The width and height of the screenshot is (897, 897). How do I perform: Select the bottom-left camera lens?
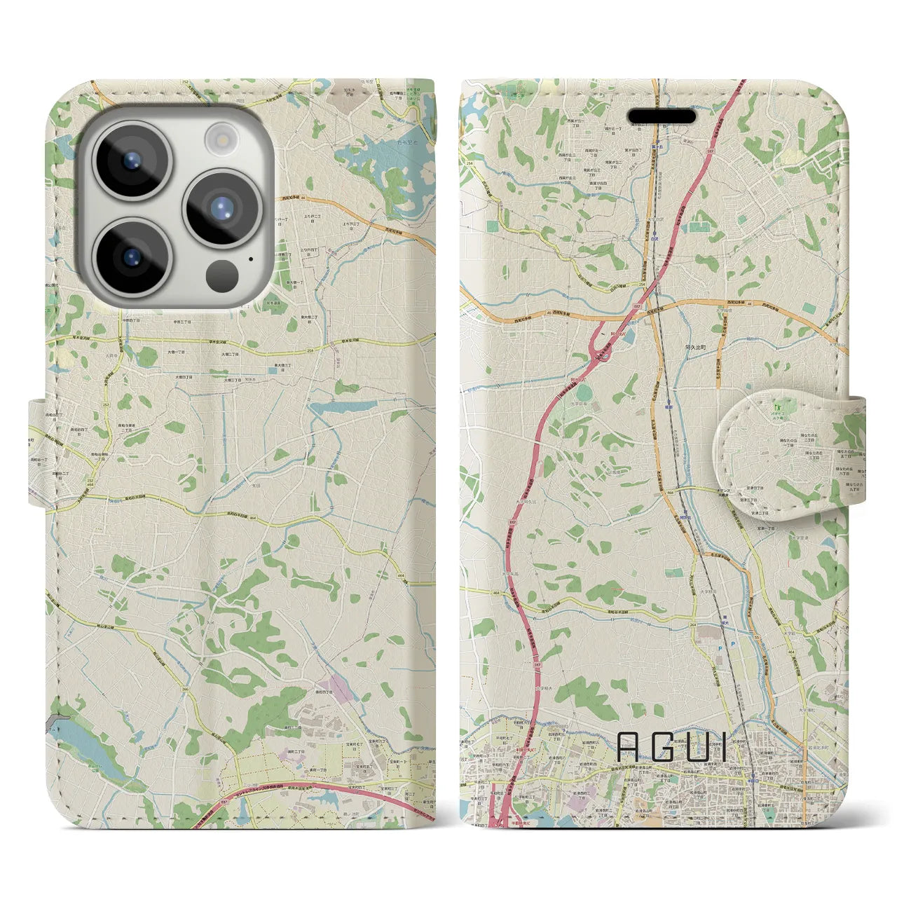pos(131,255)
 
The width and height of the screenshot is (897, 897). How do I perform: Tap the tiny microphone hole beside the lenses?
pos(251,259)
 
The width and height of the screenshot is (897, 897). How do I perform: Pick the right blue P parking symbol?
pos(733,643)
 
